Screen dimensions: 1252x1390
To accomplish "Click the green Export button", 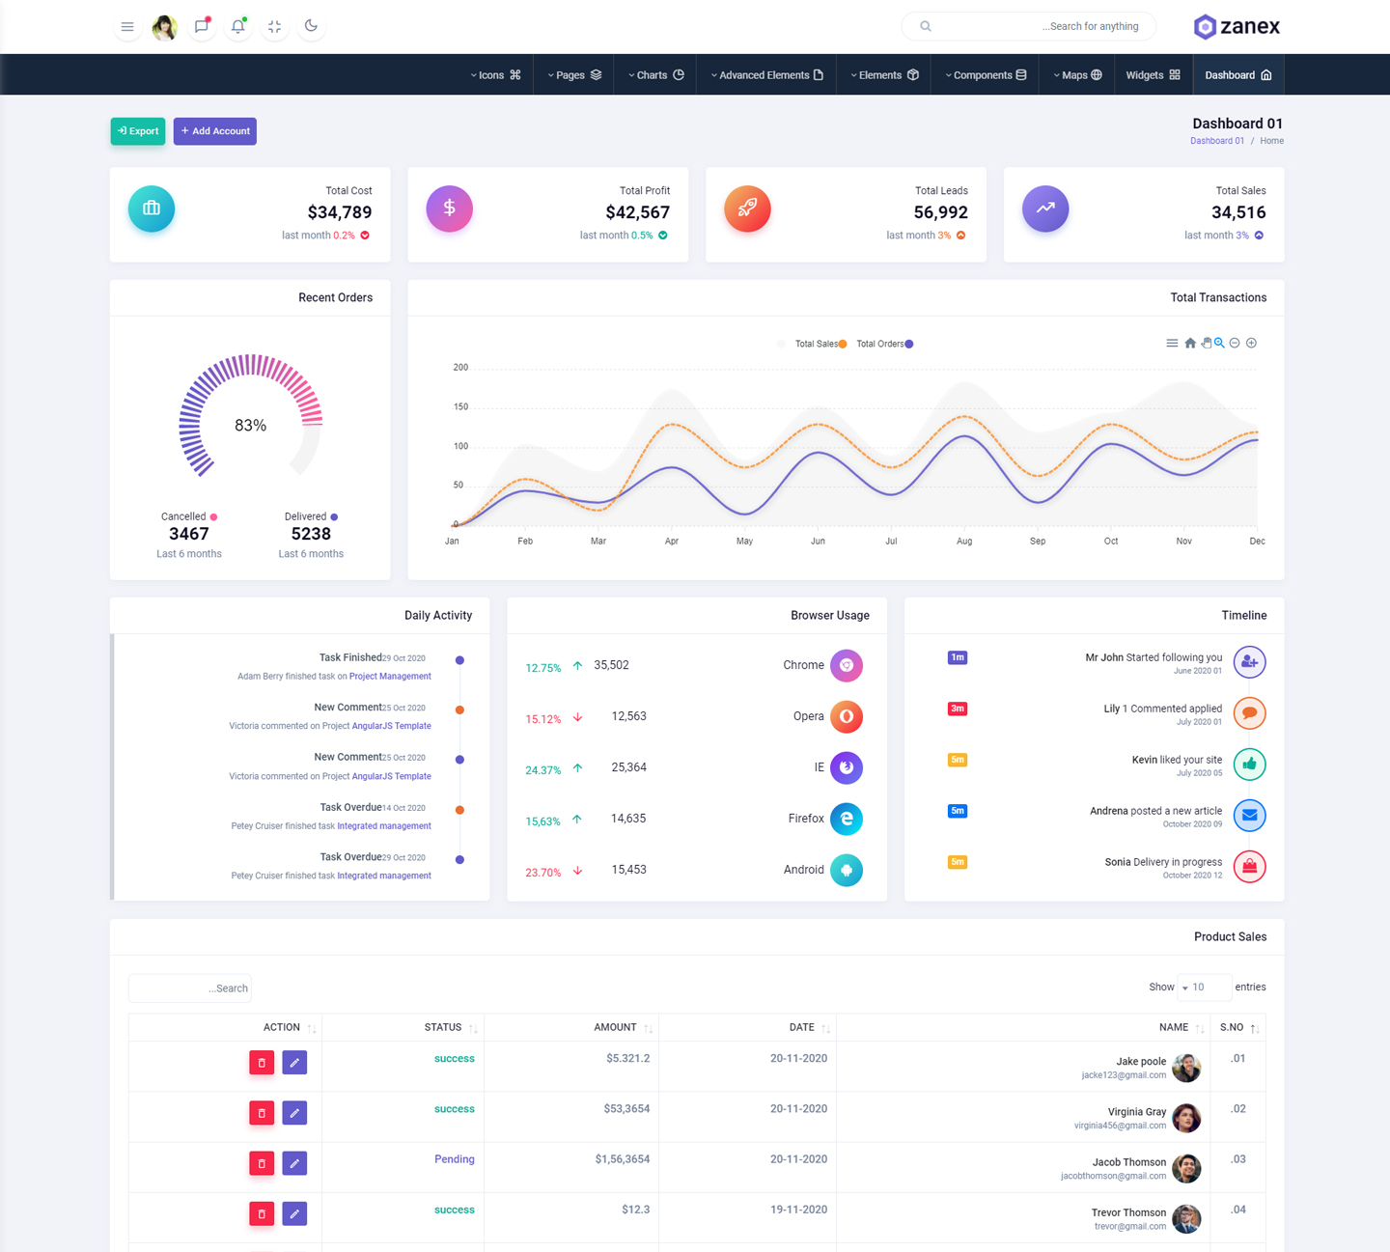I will click(x=138, y=131).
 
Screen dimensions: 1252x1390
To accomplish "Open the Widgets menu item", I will click(x=1153, y=75).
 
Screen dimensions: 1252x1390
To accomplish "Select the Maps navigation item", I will click(x=1077, y=75).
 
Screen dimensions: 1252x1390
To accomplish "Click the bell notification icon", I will click(x=237, y=26).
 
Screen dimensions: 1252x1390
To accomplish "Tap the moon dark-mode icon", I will click(x=311, y=26).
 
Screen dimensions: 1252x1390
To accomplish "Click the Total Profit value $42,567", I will click(x=637, y=212).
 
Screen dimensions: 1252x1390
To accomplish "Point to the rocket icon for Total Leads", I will click(x=747, y=209).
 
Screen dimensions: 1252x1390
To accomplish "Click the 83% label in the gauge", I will click(x=251, y=426).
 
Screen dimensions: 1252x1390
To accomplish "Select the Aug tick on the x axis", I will click(x=964, y=542).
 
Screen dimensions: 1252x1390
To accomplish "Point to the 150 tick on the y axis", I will click(x=460, y=407).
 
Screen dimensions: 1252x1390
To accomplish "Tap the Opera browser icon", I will click(x=847, y=716).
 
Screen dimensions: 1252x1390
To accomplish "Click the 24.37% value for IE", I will click(x=542, y=770).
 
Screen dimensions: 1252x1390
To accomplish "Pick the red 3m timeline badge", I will click(x=958, y=709).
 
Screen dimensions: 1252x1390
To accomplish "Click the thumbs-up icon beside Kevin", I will click(x=1249, y=765).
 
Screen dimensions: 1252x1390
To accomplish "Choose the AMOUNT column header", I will click(x=615, y=1027).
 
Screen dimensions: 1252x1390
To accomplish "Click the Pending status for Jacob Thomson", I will click(x=454, y=1159).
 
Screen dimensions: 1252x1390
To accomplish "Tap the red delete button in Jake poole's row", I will click(x=262, y=1063).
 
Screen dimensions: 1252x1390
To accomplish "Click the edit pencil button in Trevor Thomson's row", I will click(x=294, y=1213).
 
